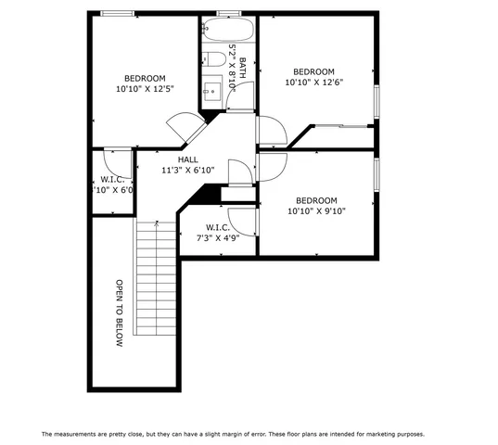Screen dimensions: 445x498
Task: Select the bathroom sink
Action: tap(211, 90)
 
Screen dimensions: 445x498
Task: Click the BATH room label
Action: tap(243, 66)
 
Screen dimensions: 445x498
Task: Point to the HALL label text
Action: tap(187, 159)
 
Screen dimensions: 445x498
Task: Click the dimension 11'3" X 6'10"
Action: tap(188, 171)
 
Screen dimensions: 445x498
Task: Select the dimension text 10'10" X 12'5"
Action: tap(146, 89)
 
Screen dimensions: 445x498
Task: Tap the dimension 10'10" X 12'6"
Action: tap(313, 83)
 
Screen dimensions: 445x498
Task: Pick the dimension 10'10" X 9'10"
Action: tap(315, 211)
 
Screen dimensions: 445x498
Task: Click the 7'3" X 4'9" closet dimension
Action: tap(218, 238)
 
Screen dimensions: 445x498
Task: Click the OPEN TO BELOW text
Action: tap(120, 313)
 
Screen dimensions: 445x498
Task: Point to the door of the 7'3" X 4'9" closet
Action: tap(241, 219)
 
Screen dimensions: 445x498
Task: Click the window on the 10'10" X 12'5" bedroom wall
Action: tap(115, 13)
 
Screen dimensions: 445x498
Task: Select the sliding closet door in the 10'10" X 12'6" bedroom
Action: tap(343, 125)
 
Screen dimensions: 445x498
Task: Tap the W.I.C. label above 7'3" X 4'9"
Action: tap(218, 227)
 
